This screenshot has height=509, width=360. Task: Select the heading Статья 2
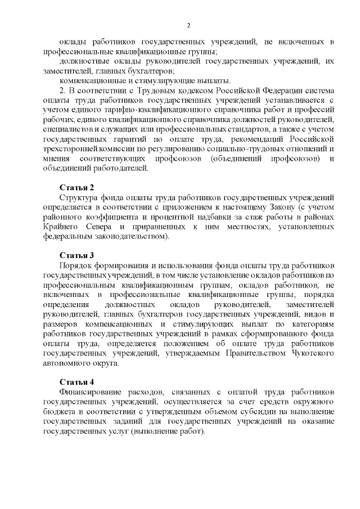pyautogui.click(x=76, y=187)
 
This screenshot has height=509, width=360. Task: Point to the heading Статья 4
pyautogui.click(x=76, y=382)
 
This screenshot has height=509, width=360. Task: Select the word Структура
pyautogui.click(x=78, y=197)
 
